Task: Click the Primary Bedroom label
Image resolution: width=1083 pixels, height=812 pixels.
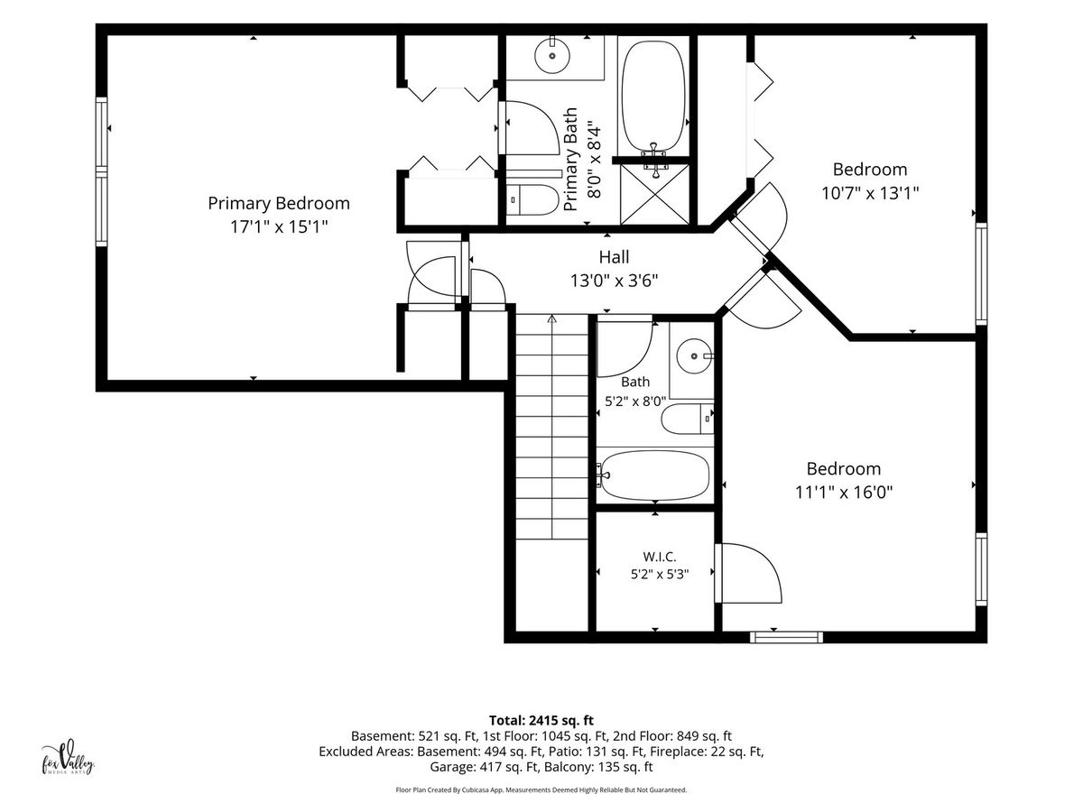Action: pos(279,204)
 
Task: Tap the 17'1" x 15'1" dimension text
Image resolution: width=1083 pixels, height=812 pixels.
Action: pos(279,227)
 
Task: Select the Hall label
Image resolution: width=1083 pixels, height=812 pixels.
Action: pos(614,257)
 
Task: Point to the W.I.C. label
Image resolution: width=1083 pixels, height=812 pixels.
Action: pos(660,557)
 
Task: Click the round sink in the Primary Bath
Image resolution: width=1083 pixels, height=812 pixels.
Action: pos(552,56)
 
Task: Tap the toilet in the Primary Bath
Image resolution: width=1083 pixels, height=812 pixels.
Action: pos(532,199)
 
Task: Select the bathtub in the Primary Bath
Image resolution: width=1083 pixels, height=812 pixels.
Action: pos(653,97)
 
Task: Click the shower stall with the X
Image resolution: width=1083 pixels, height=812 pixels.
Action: pos(654,194)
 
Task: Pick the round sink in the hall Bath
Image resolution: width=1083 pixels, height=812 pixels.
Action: pos(694,356)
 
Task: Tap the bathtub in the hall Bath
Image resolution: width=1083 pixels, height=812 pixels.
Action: pos(654,475)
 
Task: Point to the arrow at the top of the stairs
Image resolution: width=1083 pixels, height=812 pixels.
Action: pos(552,319)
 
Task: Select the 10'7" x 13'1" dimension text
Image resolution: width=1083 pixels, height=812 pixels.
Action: pos(870,193)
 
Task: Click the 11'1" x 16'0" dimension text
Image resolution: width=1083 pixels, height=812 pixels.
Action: pos(844,493)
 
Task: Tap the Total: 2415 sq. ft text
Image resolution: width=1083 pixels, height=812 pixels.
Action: pos(541,721)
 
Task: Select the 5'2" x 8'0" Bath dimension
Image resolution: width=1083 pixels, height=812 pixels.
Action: pos(635,401)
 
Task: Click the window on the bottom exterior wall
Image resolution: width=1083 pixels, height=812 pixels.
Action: pos(786,638)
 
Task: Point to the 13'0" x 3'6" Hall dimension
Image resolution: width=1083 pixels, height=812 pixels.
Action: pos(615,281)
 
